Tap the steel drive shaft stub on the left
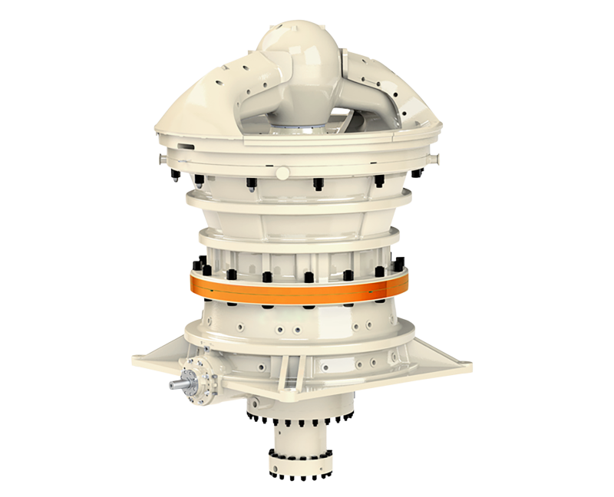click(178, 384)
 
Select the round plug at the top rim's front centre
click(283, 173)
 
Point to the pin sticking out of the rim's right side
click(436, 158)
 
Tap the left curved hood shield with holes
click(200, 104)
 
